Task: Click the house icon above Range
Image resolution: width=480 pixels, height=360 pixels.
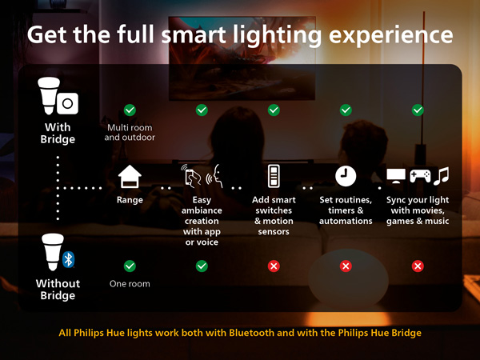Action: pos(130,176)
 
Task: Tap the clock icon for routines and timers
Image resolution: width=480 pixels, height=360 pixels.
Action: pos(346,175)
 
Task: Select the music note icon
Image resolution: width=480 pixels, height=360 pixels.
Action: pos(441,175)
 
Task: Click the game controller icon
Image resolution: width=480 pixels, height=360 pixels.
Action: pos(418,176)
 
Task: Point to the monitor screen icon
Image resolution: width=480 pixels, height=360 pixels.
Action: pos(396,176)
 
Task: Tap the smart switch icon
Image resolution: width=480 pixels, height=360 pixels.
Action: pos(274,176)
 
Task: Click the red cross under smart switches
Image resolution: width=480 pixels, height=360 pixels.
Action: pos(274,266)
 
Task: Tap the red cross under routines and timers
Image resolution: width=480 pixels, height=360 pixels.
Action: pos(346,266)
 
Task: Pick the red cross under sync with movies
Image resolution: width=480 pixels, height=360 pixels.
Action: pos(418,266)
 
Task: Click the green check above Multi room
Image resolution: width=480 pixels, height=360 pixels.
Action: pos(130,110)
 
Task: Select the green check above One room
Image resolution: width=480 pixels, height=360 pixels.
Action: pos(130,266)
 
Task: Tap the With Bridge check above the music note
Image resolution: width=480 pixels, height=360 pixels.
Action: pos(418,110)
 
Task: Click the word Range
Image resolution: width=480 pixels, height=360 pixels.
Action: pos(130,200)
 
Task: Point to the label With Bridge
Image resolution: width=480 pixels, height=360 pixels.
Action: pos(58,134)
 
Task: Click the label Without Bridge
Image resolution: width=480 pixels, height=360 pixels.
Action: pos(58,290)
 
